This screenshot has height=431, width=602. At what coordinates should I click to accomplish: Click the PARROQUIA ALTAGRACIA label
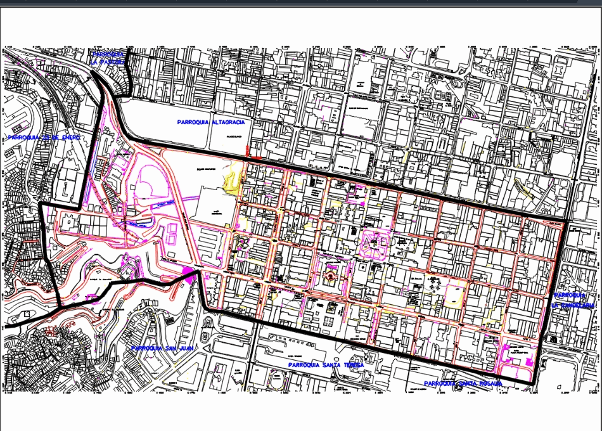211,122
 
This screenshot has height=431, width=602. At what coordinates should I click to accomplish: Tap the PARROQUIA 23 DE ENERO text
42,137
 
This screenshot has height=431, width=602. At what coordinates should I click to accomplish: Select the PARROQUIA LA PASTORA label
108,59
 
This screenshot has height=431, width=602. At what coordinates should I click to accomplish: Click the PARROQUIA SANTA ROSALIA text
463,383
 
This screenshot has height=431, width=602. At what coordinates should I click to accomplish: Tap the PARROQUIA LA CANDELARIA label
573,300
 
